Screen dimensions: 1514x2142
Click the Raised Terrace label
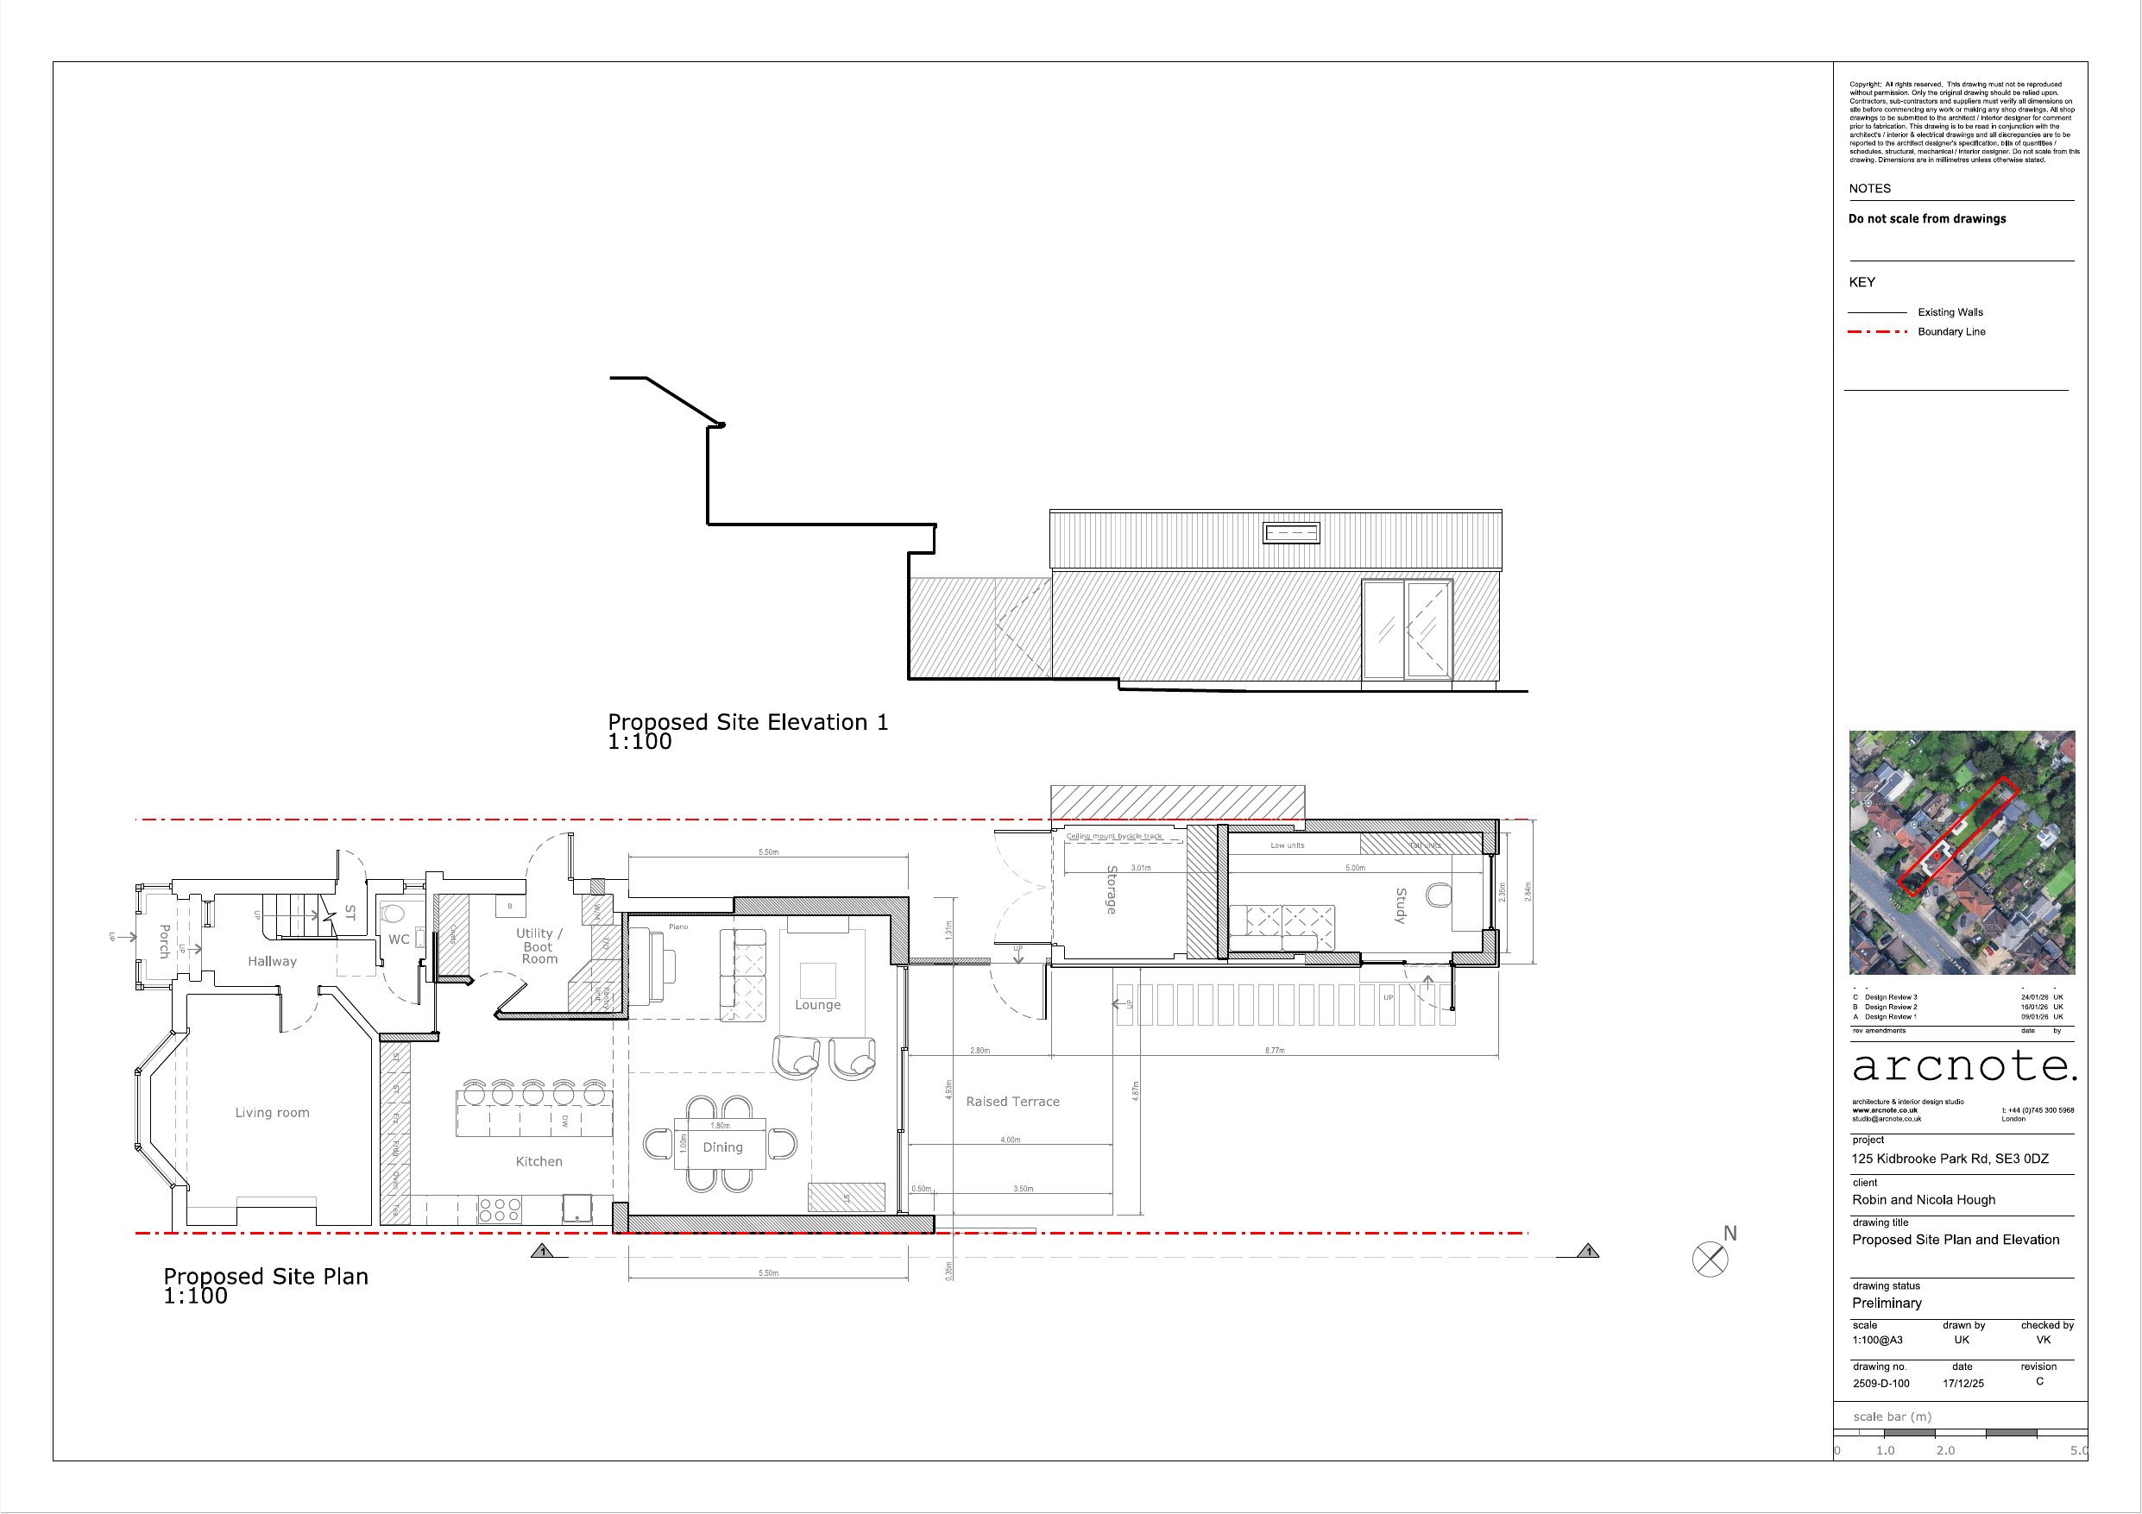1012,1102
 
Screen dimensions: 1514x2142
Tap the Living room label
272,1113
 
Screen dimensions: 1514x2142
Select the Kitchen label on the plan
539,1161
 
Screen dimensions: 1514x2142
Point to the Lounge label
817,1005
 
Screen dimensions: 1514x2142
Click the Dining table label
722,1147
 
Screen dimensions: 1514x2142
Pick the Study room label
1401,906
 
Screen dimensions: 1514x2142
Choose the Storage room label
1111,889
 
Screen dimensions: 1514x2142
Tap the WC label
399,939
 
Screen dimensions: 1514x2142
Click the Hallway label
272,961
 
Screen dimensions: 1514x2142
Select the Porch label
164,940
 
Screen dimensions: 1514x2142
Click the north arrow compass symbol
1710,1260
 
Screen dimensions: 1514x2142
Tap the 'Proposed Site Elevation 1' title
747,722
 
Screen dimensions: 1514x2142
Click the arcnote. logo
1964,1066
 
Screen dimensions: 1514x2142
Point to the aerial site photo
1962,851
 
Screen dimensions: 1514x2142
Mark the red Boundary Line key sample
1877,332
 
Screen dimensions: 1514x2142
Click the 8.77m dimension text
1275,1051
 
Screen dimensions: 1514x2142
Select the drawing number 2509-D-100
1881,1384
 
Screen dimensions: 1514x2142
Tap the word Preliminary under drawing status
1887,1304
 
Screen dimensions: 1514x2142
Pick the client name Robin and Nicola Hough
1924,1200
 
